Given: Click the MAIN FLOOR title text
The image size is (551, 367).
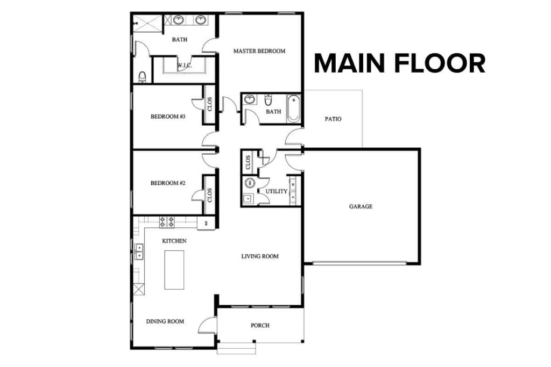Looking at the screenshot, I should pos(399,63).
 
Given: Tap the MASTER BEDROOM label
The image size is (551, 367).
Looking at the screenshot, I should pos(259,52).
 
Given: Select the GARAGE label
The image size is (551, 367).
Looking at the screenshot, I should pos(361,206).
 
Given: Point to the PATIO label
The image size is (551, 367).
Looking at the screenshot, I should pos(333,119).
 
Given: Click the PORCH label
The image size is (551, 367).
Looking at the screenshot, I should pos(260,326).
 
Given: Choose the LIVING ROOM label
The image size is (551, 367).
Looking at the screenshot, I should pos(260,256).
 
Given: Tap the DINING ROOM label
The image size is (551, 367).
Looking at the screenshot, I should pos(165,321).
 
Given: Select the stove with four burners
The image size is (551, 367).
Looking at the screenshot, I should pos(167,221).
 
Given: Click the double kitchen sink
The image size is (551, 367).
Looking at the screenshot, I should pos(139,251).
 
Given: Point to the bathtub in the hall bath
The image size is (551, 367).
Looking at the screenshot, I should pos(294,108).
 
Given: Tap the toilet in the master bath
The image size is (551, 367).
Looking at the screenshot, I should pos(142,77).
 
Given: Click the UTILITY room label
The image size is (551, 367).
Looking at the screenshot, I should pos(276,191).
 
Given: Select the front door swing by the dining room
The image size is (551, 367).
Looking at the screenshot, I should pos(208,326).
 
